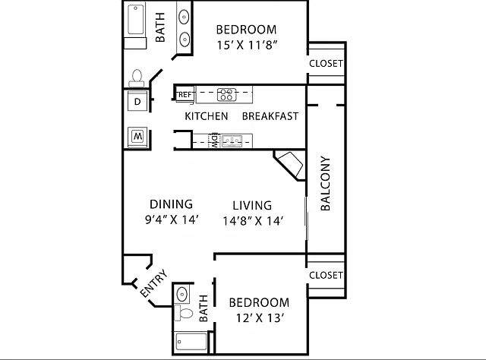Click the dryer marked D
click(x=137, y=101)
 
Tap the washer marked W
click(x=137, y=137)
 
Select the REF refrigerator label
click(x=185, y=95)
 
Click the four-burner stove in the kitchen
click(x=226, y=95)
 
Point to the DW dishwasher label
click(x=214, y=141)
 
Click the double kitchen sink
click(x=232, y=141)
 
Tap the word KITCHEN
click(x=207, y=116)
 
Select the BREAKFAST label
click(x=270, y=116)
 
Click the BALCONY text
click(x=325, y=184)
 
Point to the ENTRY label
click(x=153, y=283)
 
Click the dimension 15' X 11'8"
click(x=246, y=46)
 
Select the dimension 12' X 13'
click(x=260, y=318)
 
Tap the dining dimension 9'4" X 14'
click(x=172, y=219)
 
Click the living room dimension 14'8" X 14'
click(x=253, y=221)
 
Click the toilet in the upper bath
click(x=137, y=78)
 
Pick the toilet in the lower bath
click(x=184, y=313)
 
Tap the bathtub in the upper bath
click(x=136, y=19)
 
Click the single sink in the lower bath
click(x=182, y=293)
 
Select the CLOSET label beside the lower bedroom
click(x=326, y=276)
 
